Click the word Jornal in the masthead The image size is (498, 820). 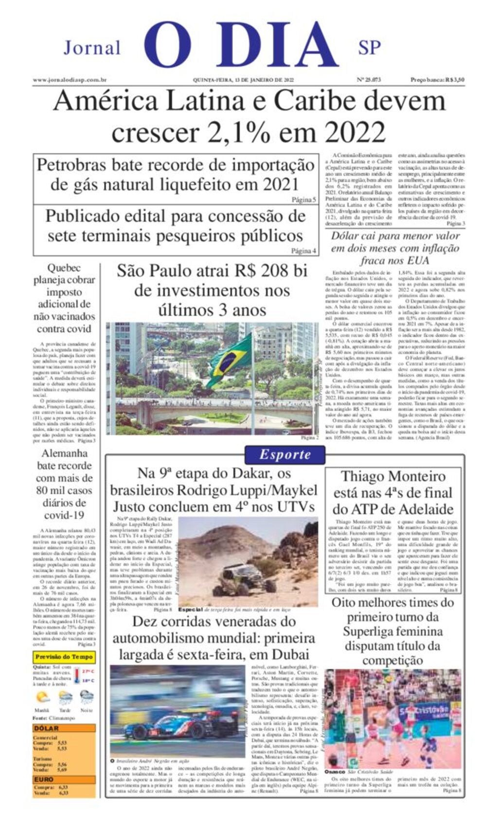click(92, 48)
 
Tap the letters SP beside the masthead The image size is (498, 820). click(369, 48)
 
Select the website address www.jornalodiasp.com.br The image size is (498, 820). click(70, 80)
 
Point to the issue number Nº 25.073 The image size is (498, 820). click(369, 80)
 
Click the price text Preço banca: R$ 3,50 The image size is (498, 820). click(437, 80)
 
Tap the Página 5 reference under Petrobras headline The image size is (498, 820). click(303, 199)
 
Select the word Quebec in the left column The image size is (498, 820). click(64, 268)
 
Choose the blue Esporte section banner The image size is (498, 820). click(285, 455)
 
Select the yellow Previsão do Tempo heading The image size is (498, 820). click(64, 657)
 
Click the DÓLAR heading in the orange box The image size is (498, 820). click(46, 729)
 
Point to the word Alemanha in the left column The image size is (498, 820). click(64, 453)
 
